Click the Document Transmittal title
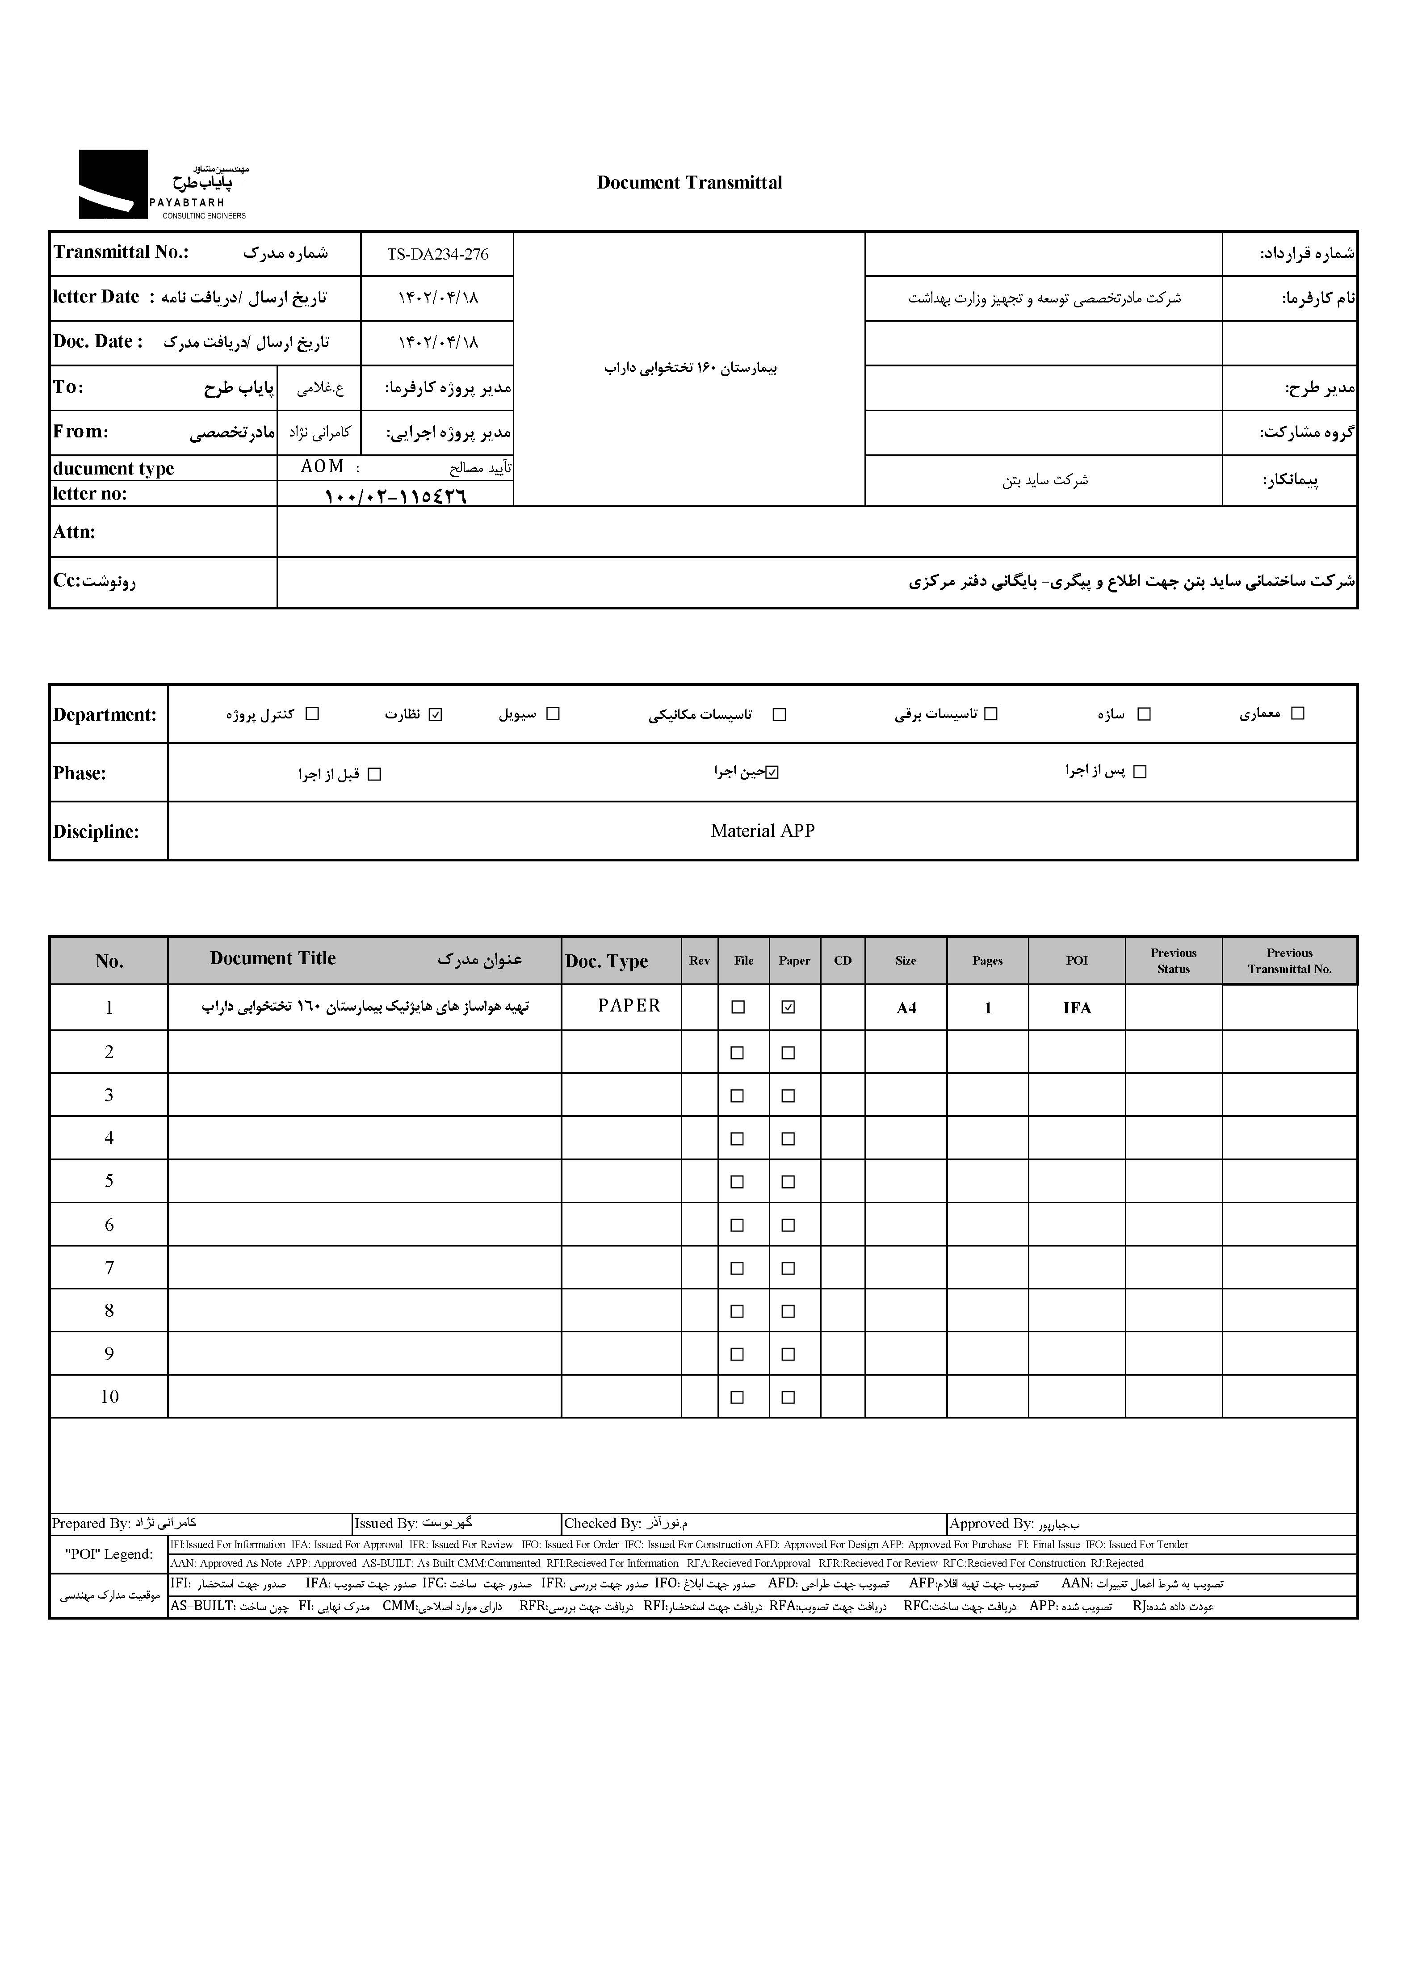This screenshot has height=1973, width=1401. coord(689,183)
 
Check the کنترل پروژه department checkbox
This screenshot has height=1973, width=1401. coord(312,714)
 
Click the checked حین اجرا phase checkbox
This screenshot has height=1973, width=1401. coord(772,772)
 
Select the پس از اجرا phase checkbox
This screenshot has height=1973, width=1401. coord(1140,772)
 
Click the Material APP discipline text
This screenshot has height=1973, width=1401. coord(763,831)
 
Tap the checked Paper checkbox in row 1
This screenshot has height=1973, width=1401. coord(788,1007)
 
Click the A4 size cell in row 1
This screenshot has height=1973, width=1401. coord(906,1007)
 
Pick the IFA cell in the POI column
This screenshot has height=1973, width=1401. coord(1077,1007)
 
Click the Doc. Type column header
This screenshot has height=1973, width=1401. coord(607,961)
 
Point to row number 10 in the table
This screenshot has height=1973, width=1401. coord(109,1397)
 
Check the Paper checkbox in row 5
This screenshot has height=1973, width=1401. coord(788,1182)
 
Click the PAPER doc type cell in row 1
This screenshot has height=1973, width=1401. coord(629,1006)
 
